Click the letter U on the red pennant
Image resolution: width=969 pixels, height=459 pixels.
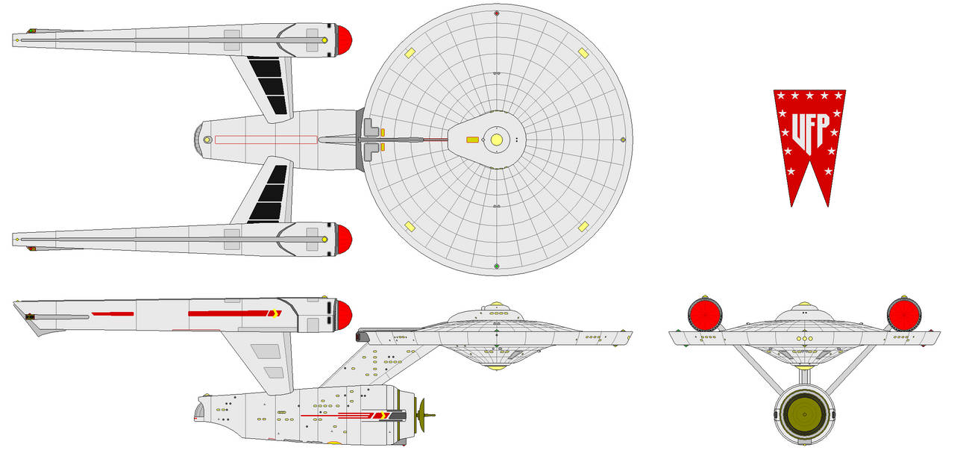coord(799,132)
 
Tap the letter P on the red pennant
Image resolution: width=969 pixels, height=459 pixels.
coord(824,128)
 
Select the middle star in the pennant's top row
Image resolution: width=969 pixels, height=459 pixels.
coord(809,96)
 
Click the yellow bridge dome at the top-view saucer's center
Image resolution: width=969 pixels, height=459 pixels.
coord(497,140)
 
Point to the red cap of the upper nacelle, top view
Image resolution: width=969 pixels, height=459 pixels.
coord(345,40)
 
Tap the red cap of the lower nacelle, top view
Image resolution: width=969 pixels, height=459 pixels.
coord(345,240)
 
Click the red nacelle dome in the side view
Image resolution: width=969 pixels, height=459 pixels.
coord(345,315)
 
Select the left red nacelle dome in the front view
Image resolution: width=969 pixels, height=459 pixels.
coord(705,315)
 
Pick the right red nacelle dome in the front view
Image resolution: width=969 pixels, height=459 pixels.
coord(904,315)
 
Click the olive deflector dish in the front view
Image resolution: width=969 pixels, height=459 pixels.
coord(804,414)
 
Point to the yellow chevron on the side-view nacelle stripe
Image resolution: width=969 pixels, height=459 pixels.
coord(275,313)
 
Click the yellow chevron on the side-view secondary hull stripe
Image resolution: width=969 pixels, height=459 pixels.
coord(382,416)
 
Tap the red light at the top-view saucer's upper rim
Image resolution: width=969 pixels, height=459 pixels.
coord(497,13)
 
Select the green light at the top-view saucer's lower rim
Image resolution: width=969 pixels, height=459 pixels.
coord(497,266)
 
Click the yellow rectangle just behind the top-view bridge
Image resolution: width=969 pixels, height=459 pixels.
coord(472,140)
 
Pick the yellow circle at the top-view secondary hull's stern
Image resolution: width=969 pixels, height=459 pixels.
coord(207,140)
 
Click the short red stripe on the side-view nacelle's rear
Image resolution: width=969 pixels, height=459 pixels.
coord(113,313)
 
